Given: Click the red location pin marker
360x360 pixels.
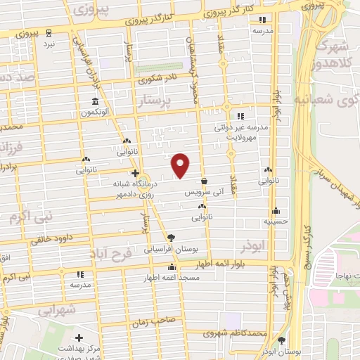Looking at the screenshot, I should coord(181,165).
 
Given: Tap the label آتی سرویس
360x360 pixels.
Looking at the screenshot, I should coord(203,191).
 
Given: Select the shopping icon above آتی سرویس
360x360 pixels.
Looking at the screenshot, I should coord(203,181).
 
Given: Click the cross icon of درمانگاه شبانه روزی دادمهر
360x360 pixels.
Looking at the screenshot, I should coord(135,173).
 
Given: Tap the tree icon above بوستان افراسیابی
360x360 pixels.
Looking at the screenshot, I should coord(171,237).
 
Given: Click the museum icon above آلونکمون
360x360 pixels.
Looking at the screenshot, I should coord(95,101).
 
